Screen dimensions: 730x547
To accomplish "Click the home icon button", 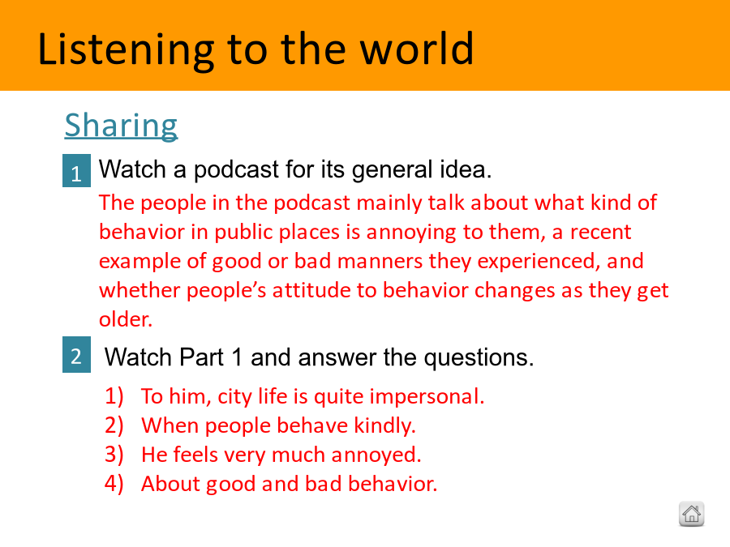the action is tap(691, 514).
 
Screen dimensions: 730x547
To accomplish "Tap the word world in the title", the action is tap(417, 48).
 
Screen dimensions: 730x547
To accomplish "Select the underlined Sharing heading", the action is tap(121, 126).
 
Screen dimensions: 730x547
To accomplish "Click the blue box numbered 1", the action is tap(76, 171).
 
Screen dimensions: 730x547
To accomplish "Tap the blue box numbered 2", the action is tap(76, 354).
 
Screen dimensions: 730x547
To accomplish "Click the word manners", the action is tap(380, 261).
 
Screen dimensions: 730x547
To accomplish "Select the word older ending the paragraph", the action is tap(126, 319).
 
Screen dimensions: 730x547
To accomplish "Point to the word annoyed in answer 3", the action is tap(376, 455).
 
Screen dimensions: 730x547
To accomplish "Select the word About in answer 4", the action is tap(171, 484).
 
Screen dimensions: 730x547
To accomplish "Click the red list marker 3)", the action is tap(114, 455).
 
